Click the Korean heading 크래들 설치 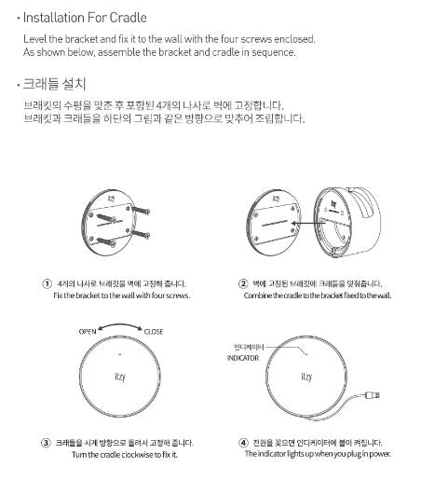click(54, 84)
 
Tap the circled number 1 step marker click(47, 283)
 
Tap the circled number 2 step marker click(243, 283)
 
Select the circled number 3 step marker click(46, 443)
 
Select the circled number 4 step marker click(243, 443)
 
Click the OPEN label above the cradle click(88, 332)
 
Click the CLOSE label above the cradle click(154, 332)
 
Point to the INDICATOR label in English click(243, 358)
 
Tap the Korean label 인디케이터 click(249, 347)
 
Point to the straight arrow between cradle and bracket click(307, 223)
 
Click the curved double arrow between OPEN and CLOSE click(120, 325)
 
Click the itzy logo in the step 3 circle click(120, 377)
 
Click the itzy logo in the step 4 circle click(306, 377)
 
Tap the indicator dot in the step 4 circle click(306, 354)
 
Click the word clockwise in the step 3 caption click(137, 455)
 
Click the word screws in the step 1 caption click(178, 295)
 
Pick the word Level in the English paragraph click(35, 39)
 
